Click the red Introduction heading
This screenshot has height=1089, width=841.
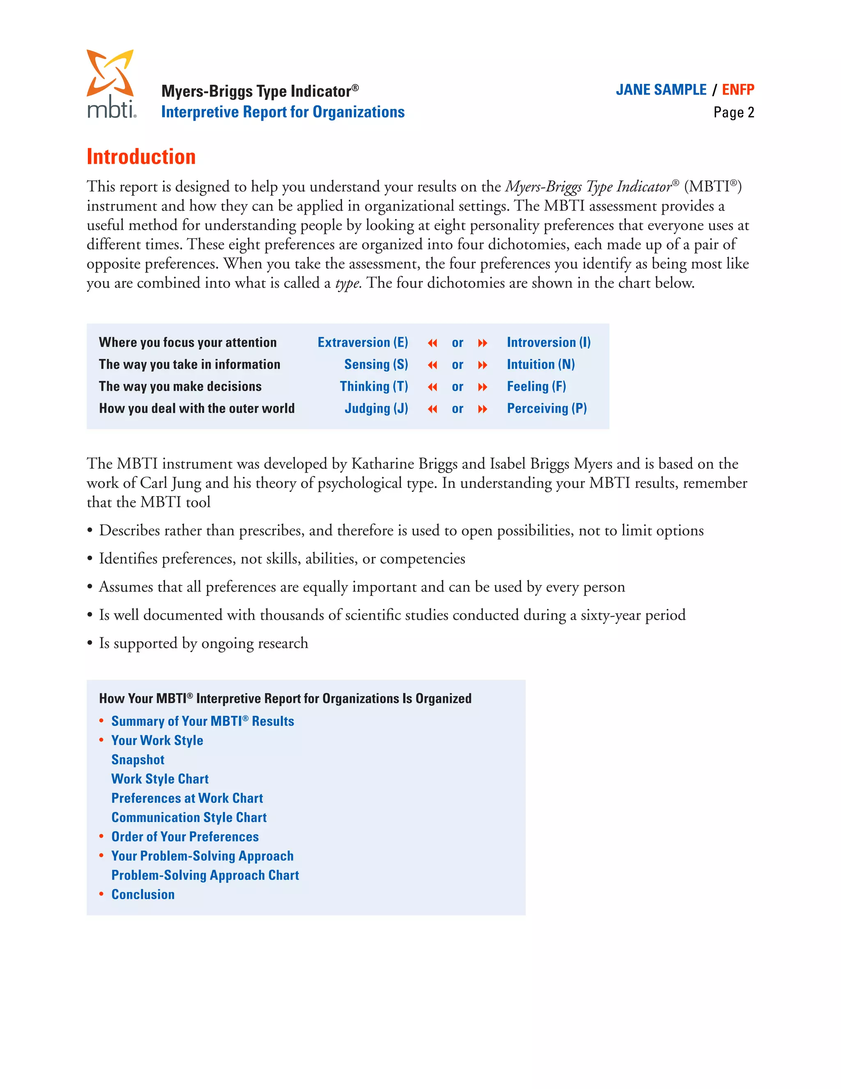click(141, 157)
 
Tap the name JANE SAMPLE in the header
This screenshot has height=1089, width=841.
click(661, 90)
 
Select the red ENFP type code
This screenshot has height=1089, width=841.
click(738, 90)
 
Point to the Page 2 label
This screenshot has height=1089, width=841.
click(733, 112)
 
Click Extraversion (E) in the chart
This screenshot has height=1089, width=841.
click(363, 343)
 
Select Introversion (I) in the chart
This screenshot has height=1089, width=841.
click(549, 343)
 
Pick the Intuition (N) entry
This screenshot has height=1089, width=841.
click(540, 365)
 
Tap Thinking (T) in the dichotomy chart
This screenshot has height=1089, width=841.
click(374, 386)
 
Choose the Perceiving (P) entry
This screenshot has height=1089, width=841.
click(547, 408)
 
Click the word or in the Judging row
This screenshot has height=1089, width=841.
click(457, 409)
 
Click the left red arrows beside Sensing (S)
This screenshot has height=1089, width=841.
click(432, 365)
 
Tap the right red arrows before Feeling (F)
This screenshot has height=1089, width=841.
click(482, 387)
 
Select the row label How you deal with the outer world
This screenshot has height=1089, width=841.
click(196, 408)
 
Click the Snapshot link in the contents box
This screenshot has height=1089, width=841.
click(138, 759)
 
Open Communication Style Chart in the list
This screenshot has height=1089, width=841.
click(189, 817)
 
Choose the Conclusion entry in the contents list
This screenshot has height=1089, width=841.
click(142, 895)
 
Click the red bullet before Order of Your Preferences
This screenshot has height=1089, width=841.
click(101, 836)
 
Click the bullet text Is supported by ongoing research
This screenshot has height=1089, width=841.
click(203, 643)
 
